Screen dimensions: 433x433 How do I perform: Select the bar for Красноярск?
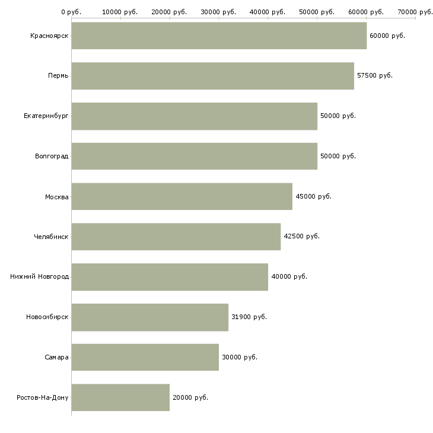[x=219, y=36]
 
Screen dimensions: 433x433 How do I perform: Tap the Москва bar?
[x=182, y=196]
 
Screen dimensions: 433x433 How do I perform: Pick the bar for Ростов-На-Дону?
[x=120, y=397]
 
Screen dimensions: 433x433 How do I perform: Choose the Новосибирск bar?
[x=149, y=317]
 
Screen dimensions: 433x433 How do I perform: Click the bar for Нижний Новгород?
[x=170, y=277]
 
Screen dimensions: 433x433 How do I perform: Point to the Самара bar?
[x=145, y=357]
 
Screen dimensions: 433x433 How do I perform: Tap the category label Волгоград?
[x=52, y=157]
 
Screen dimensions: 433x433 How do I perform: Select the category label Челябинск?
[x=51, y=237]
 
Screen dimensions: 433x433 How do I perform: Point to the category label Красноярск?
[x=49, y=36]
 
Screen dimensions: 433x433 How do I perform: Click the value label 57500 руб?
[x=375, y=76]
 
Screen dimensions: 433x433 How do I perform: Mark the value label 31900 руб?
[x=249, y=317]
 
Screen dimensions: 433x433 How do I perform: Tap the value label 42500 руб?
[x=302, y=237]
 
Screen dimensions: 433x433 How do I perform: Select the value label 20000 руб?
[x=190, y=397]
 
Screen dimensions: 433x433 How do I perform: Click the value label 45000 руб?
[x=313, y=196]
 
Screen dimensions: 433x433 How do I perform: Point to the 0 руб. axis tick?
[x=71, y=12]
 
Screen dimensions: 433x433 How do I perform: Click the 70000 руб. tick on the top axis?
[x=415, y=12]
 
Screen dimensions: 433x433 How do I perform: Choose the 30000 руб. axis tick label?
[x=219, y=12]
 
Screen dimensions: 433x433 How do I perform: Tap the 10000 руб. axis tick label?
[x=120, y=12]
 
